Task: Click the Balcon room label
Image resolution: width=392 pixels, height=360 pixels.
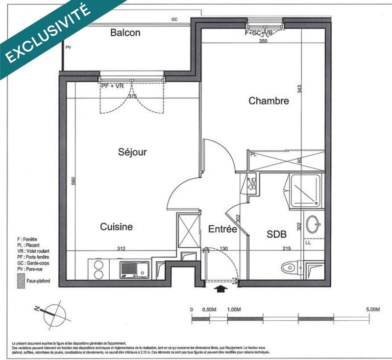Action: (x=125, y=33)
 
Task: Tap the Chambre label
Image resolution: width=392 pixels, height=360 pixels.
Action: (x=269, y=101)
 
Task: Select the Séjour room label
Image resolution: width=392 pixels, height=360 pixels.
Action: (x=132, y=152)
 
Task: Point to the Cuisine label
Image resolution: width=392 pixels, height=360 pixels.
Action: (x=116, y=227)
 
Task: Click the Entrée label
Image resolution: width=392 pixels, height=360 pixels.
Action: (x=222, y=229)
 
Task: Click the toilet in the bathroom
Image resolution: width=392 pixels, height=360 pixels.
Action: (x=291, y=268)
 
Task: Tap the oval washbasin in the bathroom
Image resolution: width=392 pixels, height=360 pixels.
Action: (x=313, y=225)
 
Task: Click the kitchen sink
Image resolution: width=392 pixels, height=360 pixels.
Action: (x=135, y=269)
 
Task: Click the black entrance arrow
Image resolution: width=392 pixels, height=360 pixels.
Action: (x=221, y=290)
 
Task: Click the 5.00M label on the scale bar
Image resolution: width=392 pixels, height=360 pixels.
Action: (x=372, y=310)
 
